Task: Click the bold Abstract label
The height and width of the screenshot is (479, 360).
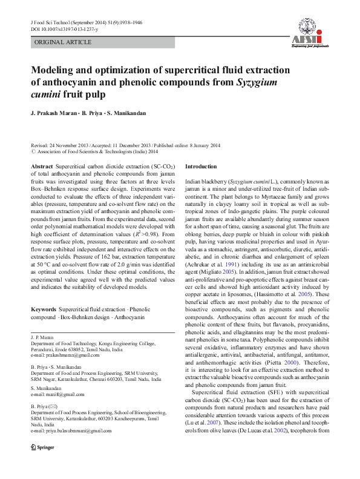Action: point(41,166)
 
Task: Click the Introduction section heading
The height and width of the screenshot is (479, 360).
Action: point(200,166)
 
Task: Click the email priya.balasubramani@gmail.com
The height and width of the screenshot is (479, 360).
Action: point(78,429)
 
